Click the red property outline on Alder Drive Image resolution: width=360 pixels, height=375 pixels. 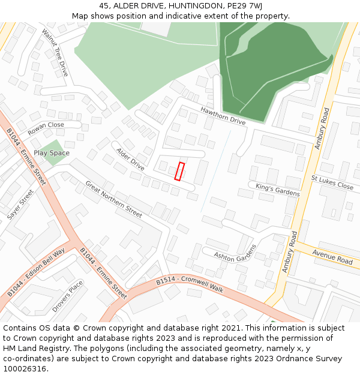pyautogui.click(x=179, y=171)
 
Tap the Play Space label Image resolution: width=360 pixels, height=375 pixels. pyautogui.click(x=52, y=153)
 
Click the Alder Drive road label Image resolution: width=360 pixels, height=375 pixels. pyautogui.click(x=130, y=159)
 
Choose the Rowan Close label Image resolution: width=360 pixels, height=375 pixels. pyautogui.click(x=46, y=128)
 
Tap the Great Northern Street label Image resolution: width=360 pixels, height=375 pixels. pyautogui.click(x=113, y=199)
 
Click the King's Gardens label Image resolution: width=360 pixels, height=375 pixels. pyautogui.click(x=277, y=190)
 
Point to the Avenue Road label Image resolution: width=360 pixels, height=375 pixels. pyautogui.click(x=336, y=257)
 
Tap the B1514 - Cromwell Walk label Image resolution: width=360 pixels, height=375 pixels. pyautogui.click(x=190, y=286)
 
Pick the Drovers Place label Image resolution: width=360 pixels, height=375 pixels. pyautogui.click(x=67, y=297)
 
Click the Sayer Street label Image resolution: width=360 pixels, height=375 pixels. pyautogui.click(x=20, y=205)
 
